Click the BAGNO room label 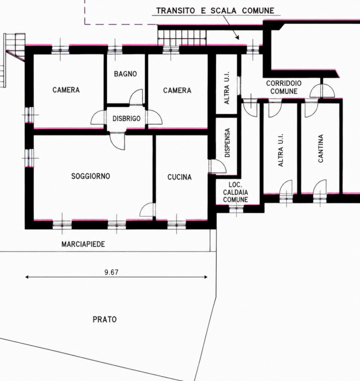click(x=125, y=74)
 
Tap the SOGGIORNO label click(x=91, y=176)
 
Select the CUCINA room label click(x=179, y=177)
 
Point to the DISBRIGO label click(x=126, y=119)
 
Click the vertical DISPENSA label click(x=227, y=142)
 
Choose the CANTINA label click(x=320, y=148)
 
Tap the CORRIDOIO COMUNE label click(x=284, y=87)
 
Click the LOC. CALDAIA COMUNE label click(x=236, y=192)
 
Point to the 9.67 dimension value click(x=112, y=272)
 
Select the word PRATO click(x=104, y=319)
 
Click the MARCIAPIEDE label click(x=83, y=244)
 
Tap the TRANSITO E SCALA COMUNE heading click(x=215, y=10)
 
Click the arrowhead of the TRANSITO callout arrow click(x=237, y=38)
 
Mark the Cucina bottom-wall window click(x=176, y=224)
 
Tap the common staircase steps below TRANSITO click(x=182, y=38)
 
